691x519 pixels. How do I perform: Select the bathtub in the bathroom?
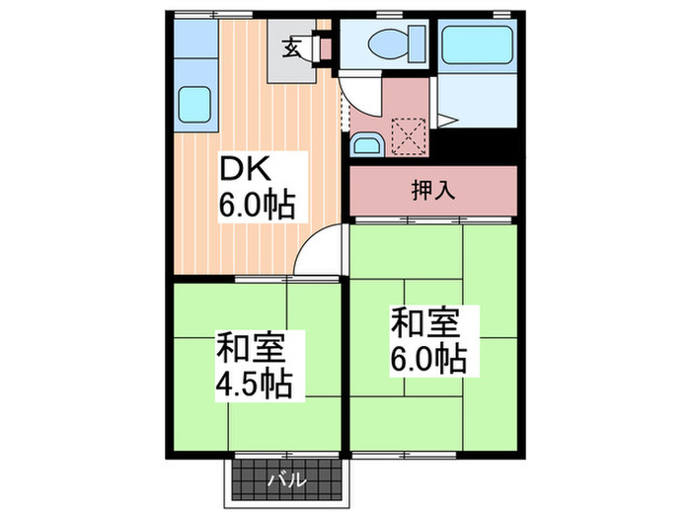click(x=477, y=45)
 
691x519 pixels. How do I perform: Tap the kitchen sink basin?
click(x=194, y=102)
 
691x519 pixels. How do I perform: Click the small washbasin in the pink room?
click(x=364, y=146)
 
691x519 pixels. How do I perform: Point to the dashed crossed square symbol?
click(x=408, y=134)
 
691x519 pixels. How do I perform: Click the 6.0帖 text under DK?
click(x=254, y=206)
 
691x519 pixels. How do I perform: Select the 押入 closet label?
click(x=432, y=190)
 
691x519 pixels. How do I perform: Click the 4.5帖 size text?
click(x=254, y=383)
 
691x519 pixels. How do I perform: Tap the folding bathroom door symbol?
click(x=444, y=121)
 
